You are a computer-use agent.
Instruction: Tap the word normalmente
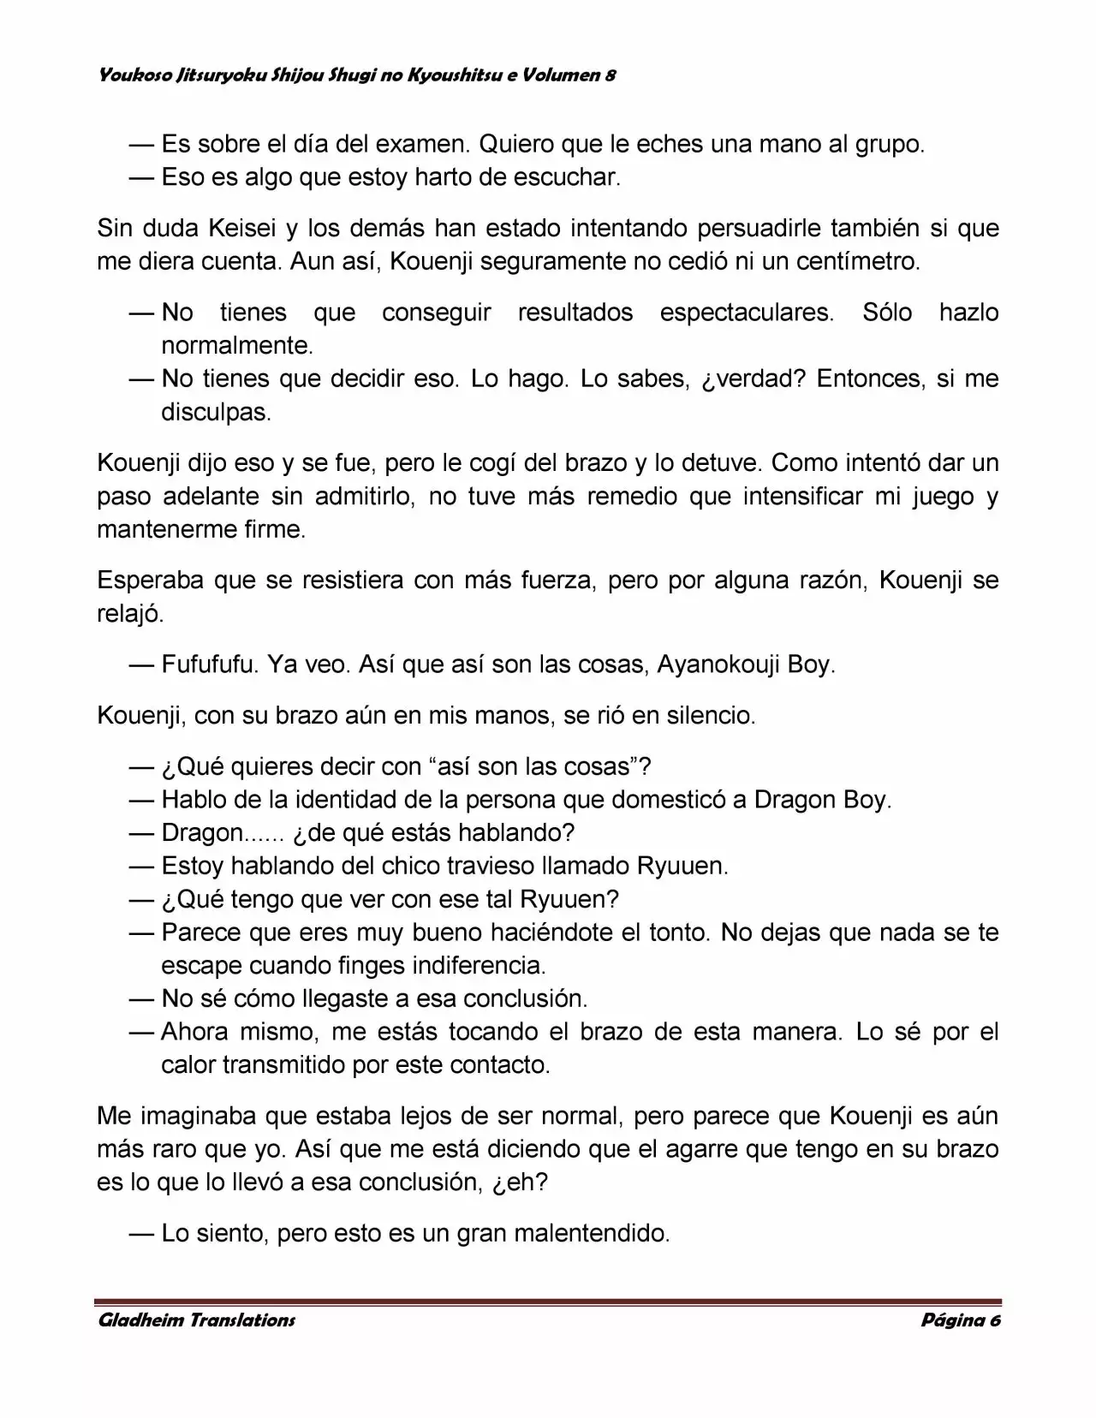(236, 346)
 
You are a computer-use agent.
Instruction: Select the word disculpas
(216, 413)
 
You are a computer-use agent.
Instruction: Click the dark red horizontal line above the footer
(548, 1302)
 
